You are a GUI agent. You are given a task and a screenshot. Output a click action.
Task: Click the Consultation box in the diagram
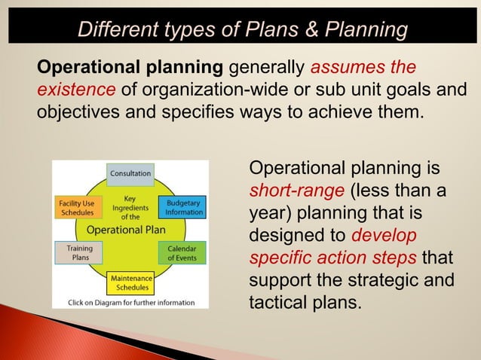click(130, 174)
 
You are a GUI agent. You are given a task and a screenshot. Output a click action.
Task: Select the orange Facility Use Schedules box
click(76, 208)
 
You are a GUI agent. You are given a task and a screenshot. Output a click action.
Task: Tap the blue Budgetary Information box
click(183, 208)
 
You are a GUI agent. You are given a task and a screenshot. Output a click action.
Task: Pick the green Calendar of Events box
click(182, 253)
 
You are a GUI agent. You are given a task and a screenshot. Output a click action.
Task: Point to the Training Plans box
click(80, 253)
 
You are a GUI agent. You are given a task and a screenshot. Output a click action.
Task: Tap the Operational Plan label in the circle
click(127, 229)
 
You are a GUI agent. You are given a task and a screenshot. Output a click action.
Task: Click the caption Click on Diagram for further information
click(130, 303)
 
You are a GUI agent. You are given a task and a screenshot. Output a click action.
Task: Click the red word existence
click(76, 91)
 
